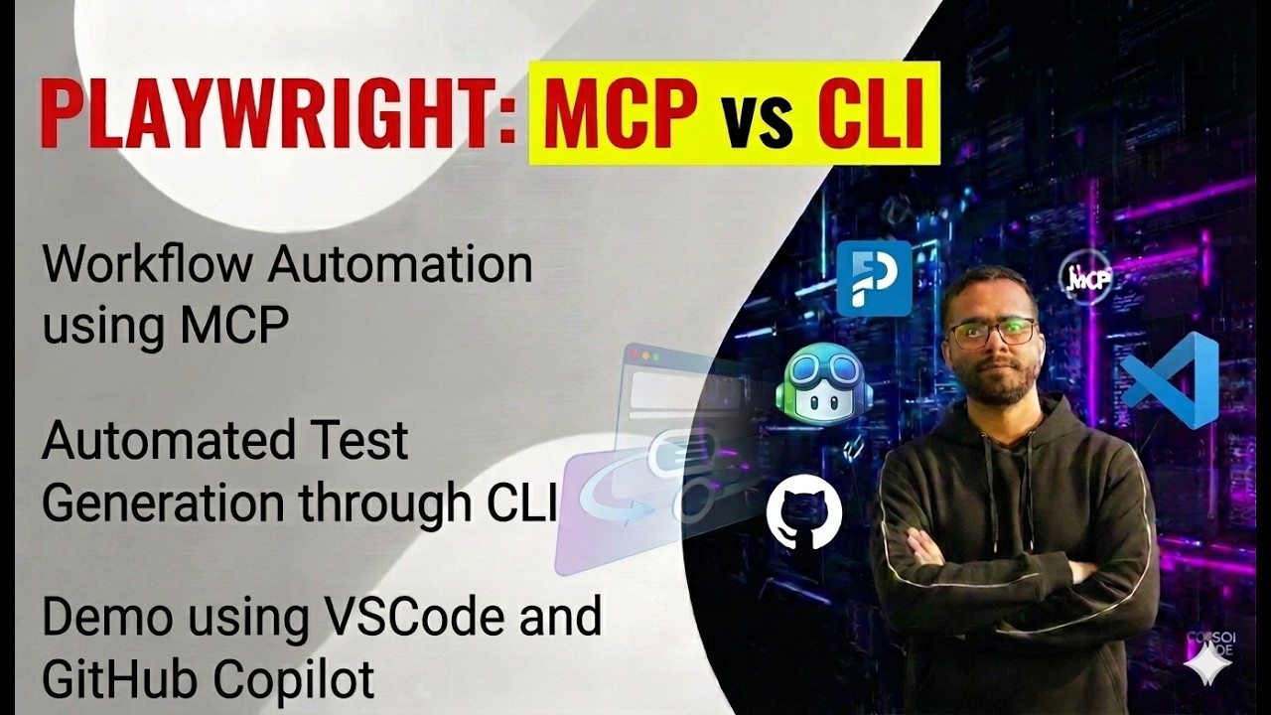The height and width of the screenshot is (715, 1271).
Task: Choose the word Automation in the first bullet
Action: (x=400, y=265)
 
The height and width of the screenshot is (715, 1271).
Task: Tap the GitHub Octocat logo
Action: (x=804, y=513)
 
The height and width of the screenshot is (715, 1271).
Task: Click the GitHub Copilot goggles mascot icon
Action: (x=823, y=385)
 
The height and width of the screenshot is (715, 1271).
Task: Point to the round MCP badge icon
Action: (x=1084, y=277)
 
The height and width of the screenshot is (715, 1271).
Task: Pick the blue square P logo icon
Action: (x=874, y=278)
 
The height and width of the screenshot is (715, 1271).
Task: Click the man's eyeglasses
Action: (x=991, y=333)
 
